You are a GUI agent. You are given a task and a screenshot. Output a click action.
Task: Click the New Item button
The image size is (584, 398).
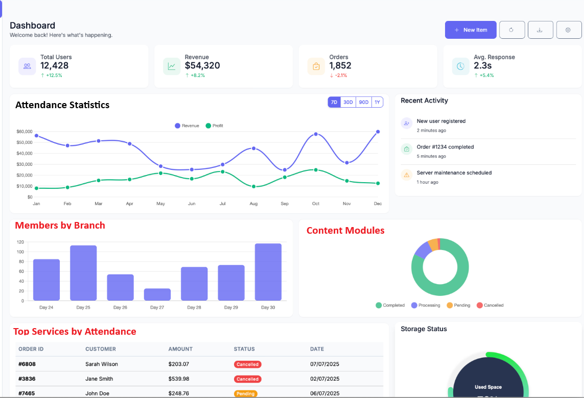pos(471,30)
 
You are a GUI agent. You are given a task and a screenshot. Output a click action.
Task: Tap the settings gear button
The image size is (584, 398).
pos(568,30)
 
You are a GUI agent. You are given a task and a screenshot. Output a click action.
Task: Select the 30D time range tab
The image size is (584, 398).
pos(348,102)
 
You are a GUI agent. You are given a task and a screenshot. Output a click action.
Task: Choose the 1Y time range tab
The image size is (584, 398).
pos(377,102)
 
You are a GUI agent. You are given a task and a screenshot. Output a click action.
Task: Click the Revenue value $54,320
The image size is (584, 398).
pos(202,65)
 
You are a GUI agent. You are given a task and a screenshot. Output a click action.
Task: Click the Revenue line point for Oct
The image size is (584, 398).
pos(316,134)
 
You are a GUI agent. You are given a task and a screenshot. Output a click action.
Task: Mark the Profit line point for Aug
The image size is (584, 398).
pos(253,186)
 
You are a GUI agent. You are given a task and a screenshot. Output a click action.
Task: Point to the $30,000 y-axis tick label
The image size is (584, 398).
pos(25,164)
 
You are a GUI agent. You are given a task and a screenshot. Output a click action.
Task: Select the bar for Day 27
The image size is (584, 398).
pos(157,294)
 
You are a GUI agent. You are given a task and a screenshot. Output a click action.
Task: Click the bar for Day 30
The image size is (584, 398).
pos(268,272)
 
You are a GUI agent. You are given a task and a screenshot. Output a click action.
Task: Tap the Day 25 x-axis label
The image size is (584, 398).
pos(83,307)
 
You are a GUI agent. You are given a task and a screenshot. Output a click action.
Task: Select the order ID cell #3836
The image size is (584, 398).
pos(27,379)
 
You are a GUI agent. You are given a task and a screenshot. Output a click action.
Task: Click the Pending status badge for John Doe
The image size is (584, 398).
pos(245,393)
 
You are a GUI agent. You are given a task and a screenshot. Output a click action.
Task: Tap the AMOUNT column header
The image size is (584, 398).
pos(180,349)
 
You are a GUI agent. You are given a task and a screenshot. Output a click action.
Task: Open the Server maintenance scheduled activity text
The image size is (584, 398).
pos(454,172)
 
